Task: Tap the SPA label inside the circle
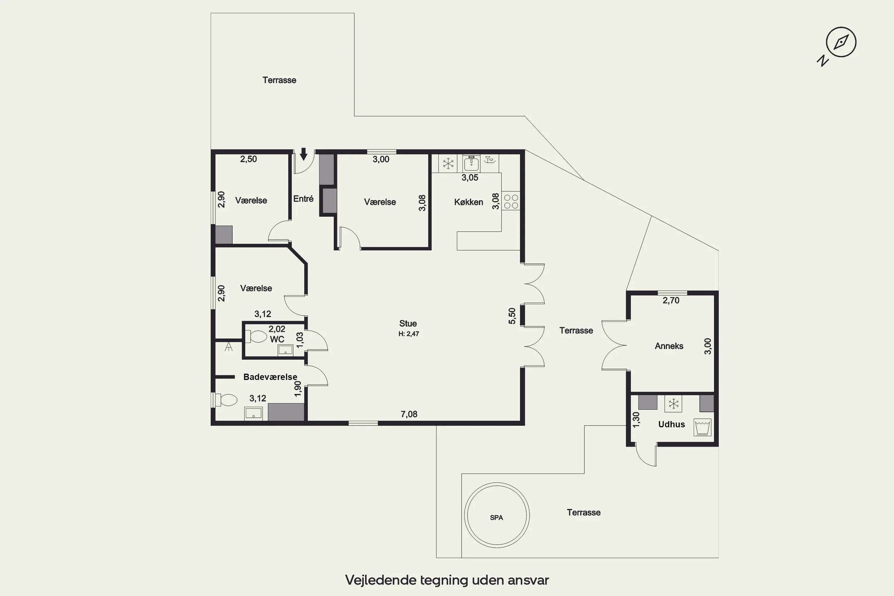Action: (496, 517)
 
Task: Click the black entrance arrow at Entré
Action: (303, 154)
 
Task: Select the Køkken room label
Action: (469, 202)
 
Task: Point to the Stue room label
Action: (408, 324)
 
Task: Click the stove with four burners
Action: (511, 201)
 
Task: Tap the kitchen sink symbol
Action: (471, 163)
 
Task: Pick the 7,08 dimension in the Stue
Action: (409, 414)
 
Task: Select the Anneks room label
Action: (669, 346)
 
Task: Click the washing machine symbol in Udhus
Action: (702, 427)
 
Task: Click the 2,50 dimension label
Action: (248, 159)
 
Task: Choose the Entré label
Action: (303, 198)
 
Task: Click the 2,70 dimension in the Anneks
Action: (671, 300)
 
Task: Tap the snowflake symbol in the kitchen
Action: (448, 164)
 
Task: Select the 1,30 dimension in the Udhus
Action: (636, 420)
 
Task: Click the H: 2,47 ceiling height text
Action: (409, 334)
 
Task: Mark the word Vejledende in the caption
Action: (380, 580)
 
